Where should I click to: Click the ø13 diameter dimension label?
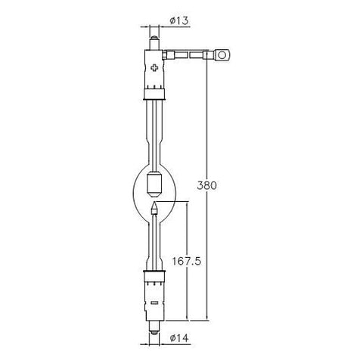(x=179, y=20)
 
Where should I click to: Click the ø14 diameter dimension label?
(x=179, y=337)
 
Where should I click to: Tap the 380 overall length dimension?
(x=206, y=185)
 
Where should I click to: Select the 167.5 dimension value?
(x=187, y=261)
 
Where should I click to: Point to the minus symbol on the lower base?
(x=154, y=302)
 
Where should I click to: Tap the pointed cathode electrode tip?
(x=154, y=208)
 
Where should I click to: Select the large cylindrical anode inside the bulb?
(x=154, y=185)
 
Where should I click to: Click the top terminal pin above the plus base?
(x=154, y=43)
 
